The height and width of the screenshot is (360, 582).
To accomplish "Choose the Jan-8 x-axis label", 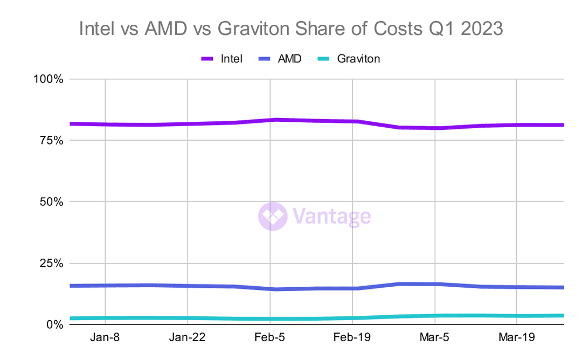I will pos(105,338).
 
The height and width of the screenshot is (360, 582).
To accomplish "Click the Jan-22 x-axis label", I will pos(188,338).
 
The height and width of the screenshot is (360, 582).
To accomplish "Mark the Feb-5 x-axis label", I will pos(269,338).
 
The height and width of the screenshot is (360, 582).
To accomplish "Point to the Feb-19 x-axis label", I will pos(352,338).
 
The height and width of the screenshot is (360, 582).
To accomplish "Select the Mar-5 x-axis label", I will pos(434,338).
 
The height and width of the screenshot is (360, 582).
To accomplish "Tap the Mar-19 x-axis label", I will pos(517,338).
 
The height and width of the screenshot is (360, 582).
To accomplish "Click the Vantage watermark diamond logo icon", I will pos(273,216).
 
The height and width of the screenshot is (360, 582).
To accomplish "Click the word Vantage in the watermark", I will pos(332,217).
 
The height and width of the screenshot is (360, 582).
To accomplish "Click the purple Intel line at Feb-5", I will pos(270,120).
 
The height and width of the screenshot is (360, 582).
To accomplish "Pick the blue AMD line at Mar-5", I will pos(434,284).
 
